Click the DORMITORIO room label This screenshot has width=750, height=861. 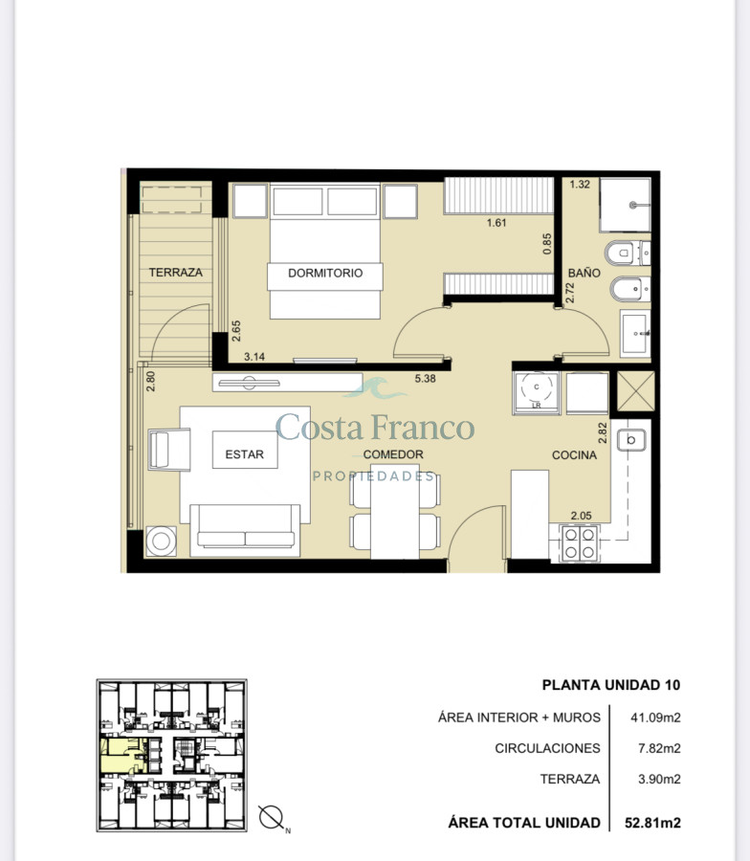[325, 273]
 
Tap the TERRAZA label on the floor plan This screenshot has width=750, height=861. [176, 273]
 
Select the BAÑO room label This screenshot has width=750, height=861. [585, 273]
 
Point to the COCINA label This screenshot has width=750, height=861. [574, 455]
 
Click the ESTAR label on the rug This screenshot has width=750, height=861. [244, 454]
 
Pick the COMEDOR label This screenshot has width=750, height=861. [393, 454]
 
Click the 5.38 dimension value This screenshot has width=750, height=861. [425, 378]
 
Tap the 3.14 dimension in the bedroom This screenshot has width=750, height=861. [254, 357]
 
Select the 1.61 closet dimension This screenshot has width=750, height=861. [496, 223]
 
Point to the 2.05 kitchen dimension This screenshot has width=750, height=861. [581, 516]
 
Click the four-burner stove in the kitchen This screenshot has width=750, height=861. [580, 543]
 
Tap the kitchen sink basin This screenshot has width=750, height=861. [630, 440]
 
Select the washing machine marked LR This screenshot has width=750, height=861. [537, 392]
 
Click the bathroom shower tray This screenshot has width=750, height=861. [625, 205]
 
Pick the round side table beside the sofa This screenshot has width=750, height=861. [161, 541]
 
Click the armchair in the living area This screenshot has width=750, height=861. [169, 451]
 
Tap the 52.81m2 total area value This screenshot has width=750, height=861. [652, 823]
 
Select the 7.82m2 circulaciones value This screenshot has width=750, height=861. [659, 748]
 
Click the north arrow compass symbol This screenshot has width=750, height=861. [272, 818]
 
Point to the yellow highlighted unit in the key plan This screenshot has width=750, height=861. [121, 755]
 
